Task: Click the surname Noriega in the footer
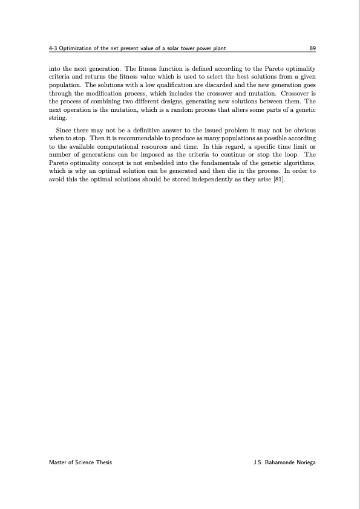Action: [304, 462]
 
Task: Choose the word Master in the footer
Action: [58, 462]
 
